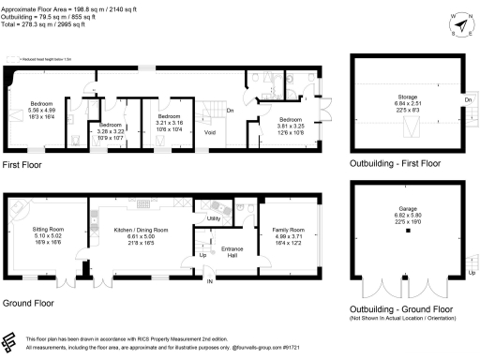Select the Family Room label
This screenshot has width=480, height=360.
point(288,229)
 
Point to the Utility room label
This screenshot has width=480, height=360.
point(214,218)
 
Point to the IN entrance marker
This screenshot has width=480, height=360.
point(210,281)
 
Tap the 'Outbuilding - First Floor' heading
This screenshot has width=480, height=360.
point(394,163)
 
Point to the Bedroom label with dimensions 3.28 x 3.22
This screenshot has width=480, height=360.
point(111,125)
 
